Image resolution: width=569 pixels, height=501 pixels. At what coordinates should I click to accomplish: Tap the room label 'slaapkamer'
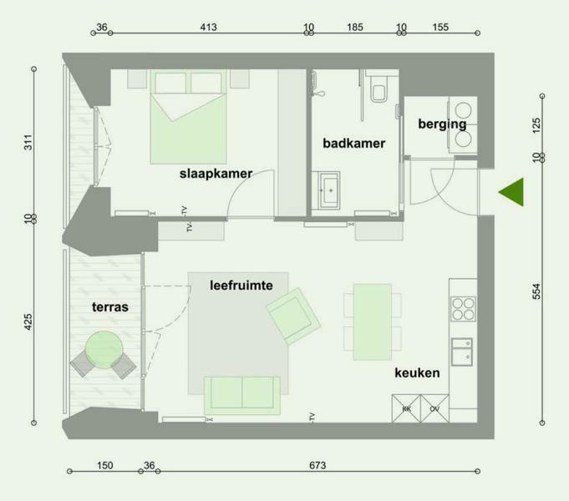click(216, 174)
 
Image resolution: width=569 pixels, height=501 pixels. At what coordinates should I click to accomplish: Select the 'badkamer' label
click(353, 144)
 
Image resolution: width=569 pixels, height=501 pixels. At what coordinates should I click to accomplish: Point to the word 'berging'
click(442, 124)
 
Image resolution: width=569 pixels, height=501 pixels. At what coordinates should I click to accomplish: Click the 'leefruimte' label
click(241, 285)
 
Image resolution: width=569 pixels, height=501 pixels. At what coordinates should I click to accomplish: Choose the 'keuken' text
click(417, 372)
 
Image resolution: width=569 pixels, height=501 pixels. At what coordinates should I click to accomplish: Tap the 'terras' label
click(110, 307)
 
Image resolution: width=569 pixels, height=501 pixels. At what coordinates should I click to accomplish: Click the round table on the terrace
click(104, 349)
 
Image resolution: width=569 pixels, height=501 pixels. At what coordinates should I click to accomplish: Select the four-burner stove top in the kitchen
click(463, 309)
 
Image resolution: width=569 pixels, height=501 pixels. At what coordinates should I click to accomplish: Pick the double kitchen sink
click(461, 352)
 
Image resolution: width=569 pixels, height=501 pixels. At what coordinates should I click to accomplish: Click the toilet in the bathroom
click(378, 89)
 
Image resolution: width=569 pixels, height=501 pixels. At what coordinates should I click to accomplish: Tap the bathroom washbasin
click(329, 190)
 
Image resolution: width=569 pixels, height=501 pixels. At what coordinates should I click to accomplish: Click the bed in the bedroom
click(188, 117)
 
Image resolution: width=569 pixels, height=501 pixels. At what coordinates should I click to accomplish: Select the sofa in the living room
click(242, 396)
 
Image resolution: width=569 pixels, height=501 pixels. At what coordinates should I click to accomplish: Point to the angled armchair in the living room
click(294, 316)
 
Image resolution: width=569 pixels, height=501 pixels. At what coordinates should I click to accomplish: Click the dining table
click(373, 321)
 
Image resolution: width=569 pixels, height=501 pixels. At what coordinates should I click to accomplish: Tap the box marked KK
click(406, 408)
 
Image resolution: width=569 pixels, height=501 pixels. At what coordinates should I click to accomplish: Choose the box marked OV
click(434, 408)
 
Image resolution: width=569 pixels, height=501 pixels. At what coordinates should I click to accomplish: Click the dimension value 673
click(318, 465)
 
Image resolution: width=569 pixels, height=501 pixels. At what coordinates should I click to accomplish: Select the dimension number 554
click(536, 291)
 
